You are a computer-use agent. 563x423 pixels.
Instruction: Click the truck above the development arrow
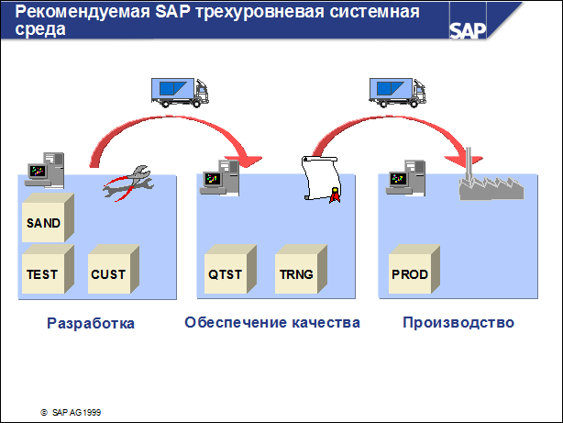[182, 89]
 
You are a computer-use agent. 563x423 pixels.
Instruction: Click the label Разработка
[90, 323]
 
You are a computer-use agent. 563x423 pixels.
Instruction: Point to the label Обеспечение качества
[271, 323]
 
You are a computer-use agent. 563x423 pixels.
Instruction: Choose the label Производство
[458, 323]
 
